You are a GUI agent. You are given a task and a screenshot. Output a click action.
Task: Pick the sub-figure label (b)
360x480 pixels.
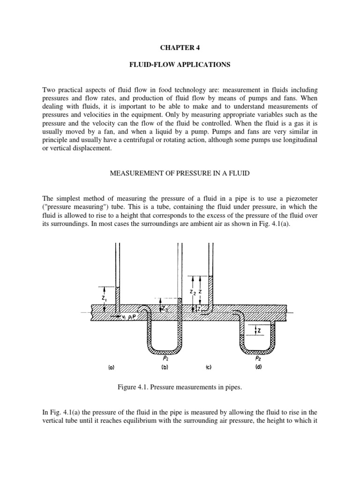(165, 368)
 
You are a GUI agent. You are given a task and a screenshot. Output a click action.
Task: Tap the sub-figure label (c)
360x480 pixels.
(207, 368)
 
